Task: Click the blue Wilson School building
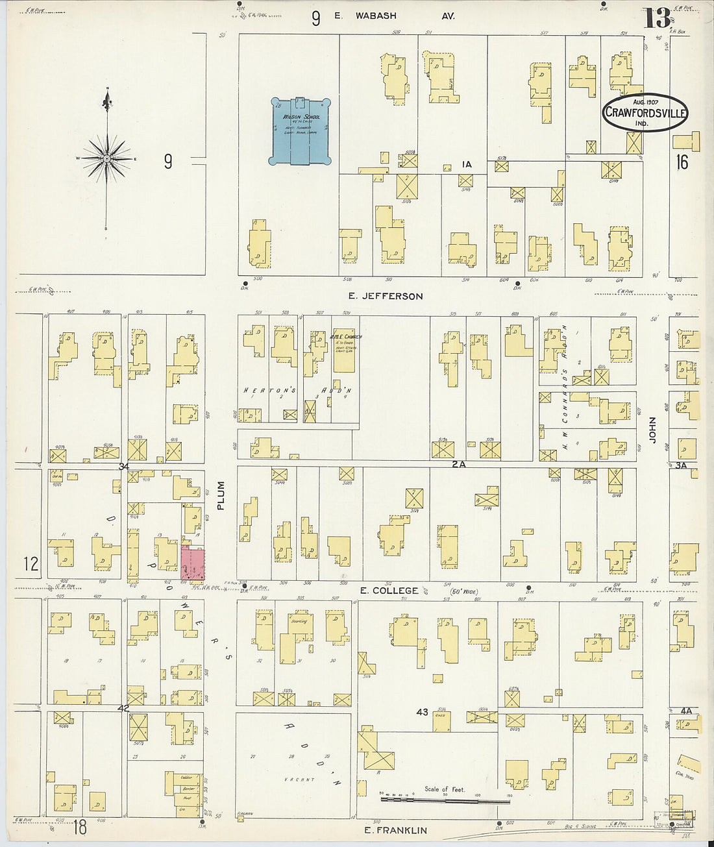301,132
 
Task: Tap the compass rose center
106,158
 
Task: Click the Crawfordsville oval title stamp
645,112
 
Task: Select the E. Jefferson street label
385,296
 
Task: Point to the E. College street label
389,590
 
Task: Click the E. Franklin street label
395,830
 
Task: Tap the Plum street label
221,495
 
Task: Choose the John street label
652,430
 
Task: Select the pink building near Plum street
193,563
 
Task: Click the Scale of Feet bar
445,800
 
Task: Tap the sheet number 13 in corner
657,18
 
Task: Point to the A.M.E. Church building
345,354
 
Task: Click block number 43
422,712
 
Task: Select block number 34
124,466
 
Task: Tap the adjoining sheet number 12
31,563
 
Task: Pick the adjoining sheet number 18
80,826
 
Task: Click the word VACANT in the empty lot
299,779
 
